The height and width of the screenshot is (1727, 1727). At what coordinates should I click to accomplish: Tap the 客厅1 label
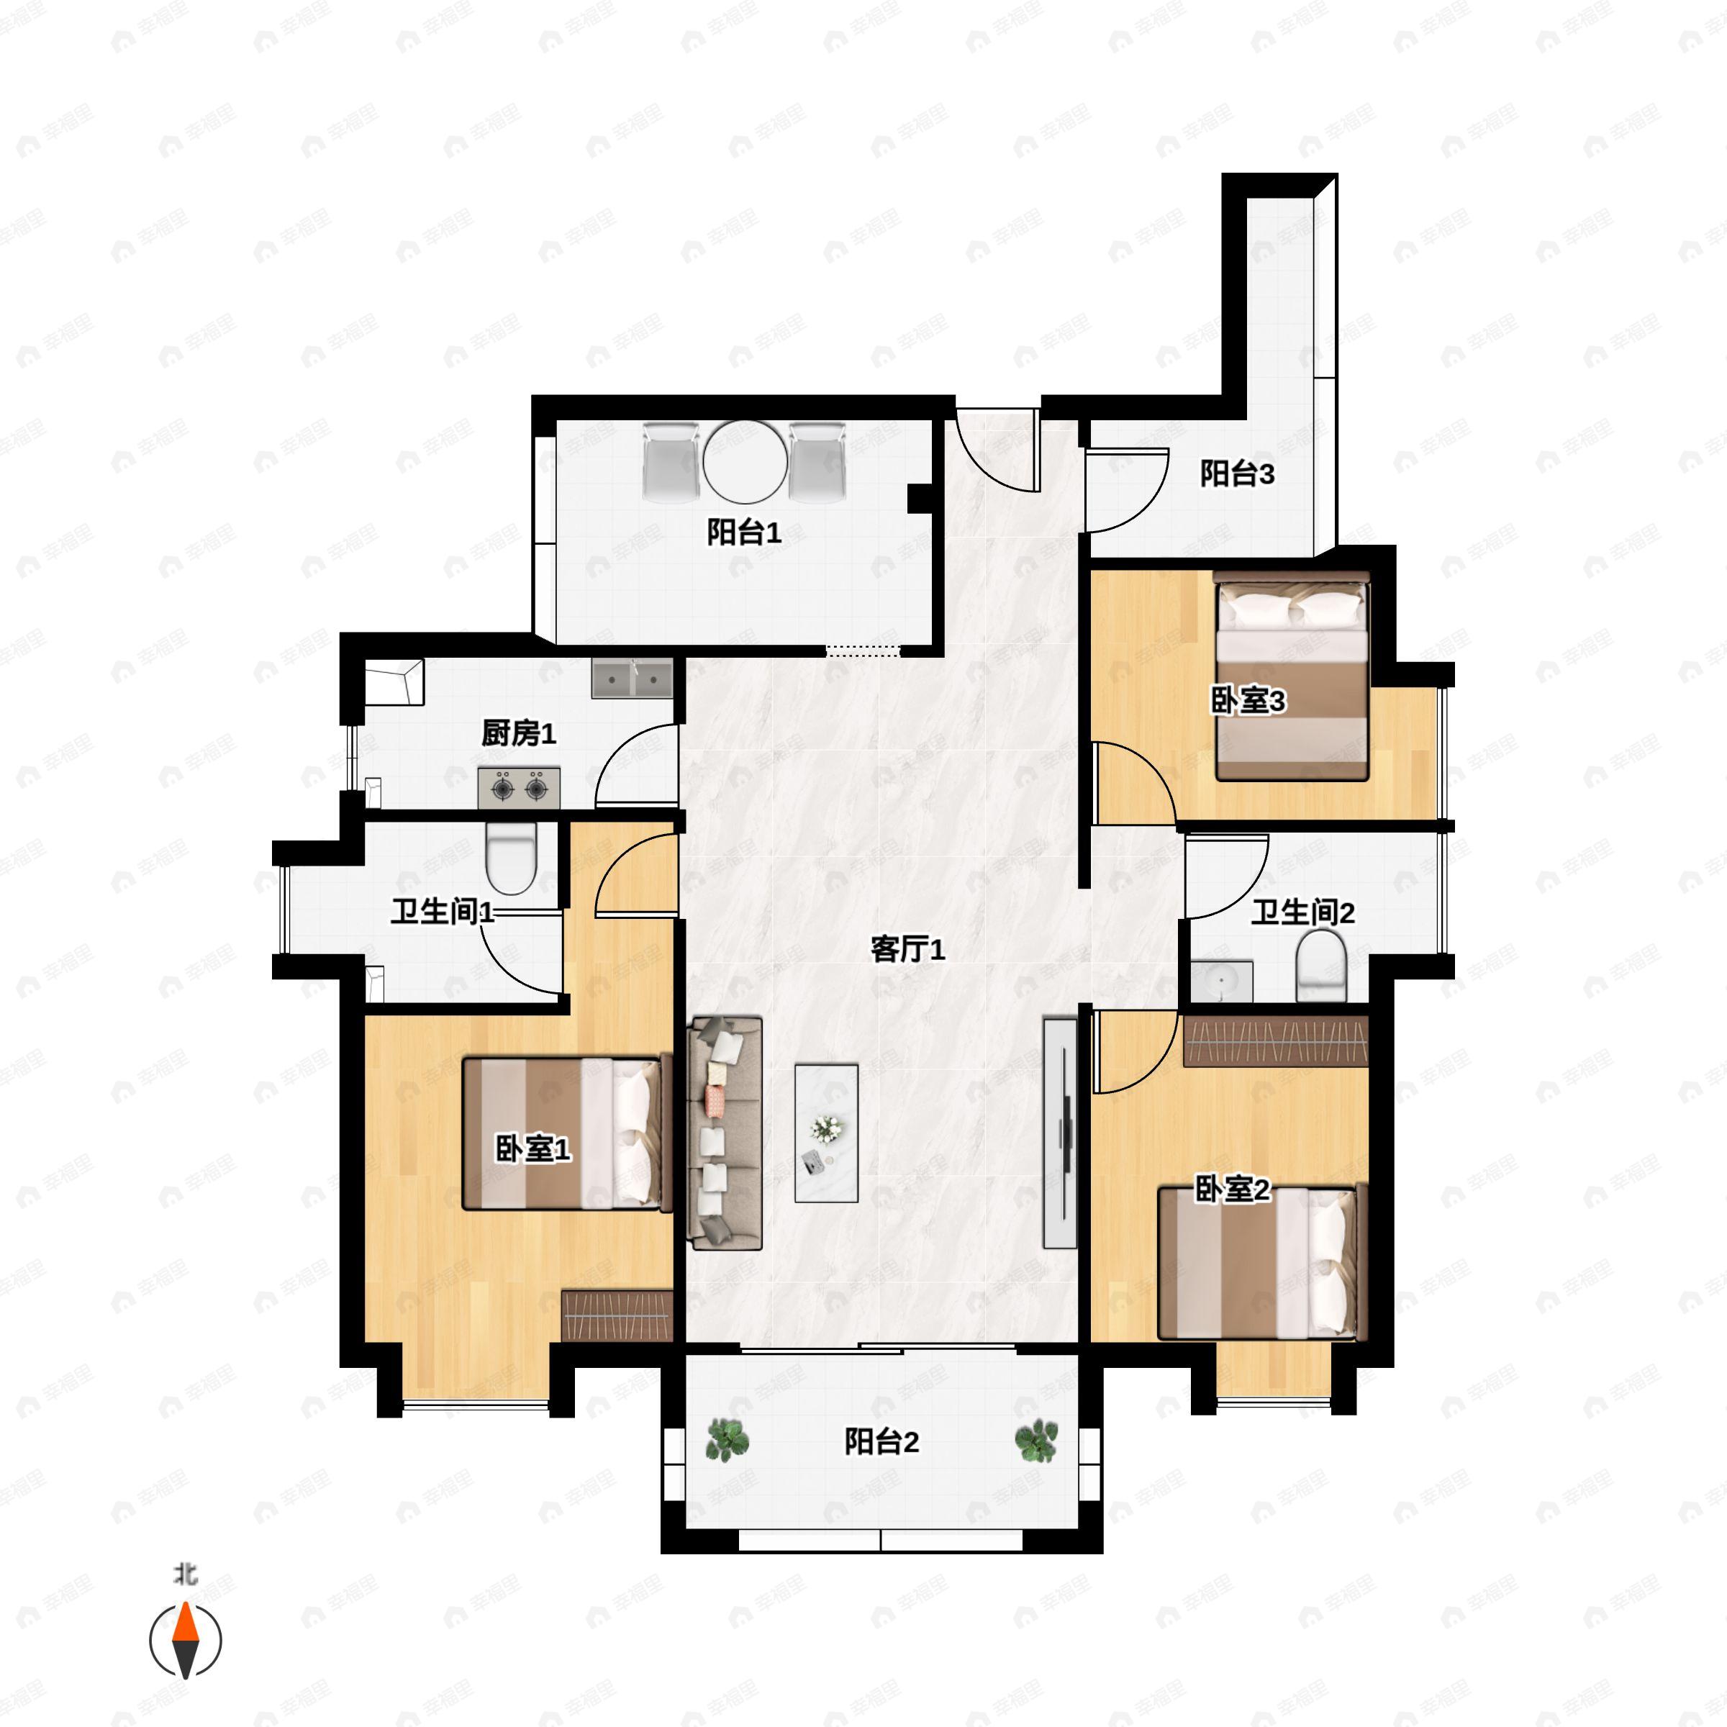pyautogui.click(x=907, y=949)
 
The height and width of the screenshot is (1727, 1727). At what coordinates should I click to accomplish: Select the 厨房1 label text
pyautogui.click(x=518, y=734)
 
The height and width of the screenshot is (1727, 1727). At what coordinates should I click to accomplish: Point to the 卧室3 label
pyautogui.click(x=1248, y=701)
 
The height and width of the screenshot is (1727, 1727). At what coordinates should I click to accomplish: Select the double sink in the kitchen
pyautogui.click(x=632, y=680)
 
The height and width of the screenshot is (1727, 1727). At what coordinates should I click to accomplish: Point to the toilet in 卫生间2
pyautogui.click(x=1321, y=966)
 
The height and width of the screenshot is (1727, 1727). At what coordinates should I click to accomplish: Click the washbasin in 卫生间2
pyautogui.click(x=1221, y=982)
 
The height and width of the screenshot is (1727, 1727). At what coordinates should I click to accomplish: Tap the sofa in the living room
pyautogui.click(x=724, y=1133)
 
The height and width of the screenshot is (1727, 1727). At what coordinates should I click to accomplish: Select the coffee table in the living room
pyautogui.click(x=827, y=1133)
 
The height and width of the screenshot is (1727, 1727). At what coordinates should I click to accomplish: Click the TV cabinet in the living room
pyautogui.click(x=1060, y=1133)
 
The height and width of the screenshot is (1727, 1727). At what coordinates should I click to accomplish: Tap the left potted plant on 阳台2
pyautogui.click(x=727, y=1440)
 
